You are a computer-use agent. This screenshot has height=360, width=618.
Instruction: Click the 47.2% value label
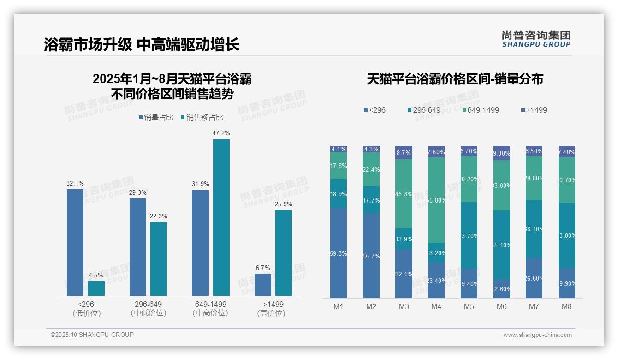click(x=221, y=133)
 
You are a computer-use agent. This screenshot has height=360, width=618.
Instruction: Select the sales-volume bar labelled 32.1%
click(x=75, y=242)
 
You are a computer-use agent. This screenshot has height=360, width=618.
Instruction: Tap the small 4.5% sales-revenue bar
click(x=96, y=288)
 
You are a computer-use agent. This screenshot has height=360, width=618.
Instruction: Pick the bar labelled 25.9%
click(x=284, y=253)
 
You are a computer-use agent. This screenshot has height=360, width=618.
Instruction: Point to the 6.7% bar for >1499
click(x=263, y=285)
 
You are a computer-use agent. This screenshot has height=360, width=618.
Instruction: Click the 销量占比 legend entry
click(x=156, y=118)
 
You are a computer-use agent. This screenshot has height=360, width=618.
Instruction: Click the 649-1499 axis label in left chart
click(x=210, y=305)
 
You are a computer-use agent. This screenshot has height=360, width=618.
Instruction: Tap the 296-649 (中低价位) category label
click(x=148, y=308)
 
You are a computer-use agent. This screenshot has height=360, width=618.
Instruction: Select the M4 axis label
click(x=436, y=307)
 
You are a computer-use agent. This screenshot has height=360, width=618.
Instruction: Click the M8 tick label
click(x=566, y=307)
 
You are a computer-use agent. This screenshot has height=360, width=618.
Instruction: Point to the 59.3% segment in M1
click(x=339, y=253)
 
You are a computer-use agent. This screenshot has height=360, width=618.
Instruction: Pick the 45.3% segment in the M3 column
click(x=404, y=194)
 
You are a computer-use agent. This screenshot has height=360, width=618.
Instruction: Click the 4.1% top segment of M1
click(x=339, y=149)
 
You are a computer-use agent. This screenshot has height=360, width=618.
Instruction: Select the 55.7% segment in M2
click(x=371, y=256)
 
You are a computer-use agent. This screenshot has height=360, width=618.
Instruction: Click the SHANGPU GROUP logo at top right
click(x=536, y=39)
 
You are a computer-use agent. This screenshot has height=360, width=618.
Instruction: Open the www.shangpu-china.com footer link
click(x=537, y=335)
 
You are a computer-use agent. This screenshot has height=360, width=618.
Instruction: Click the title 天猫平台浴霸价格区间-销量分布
click(x=455, y=79)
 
